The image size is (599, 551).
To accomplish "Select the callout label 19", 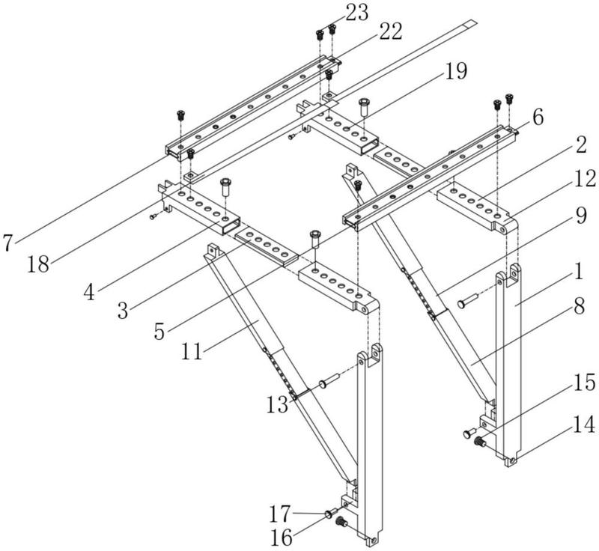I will click(x=454, y=70).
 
